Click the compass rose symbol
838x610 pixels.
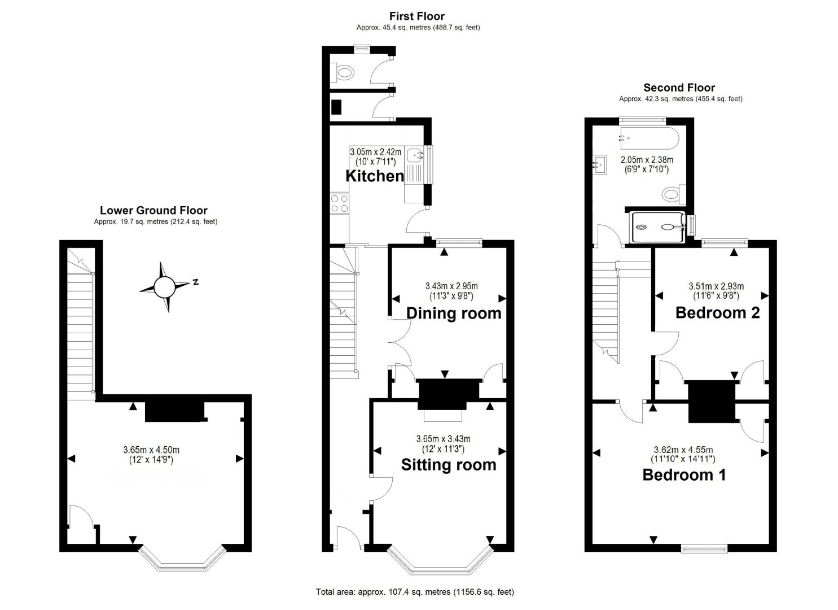[x=165, y=287]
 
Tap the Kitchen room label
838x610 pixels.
[x=375, y=176]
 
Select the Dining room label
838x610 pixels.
[x=454, y=313]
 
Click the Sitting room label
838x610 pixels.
[x=449, y=465]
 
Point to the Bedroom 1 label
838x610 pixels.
[x=685, y=475]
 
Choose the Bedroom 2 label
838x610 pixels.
[x=718, y=313]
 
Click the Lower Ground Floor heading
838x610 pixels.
[x=153, y=210]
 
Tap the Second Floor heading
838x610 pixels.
[x=679, y=88]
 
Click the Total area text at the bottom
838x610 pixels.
[x=415, y=592]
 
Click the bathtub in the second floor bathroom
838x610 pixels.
[x=650, y=138]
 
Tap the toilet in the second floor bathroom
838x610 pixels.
[x=674, y=194]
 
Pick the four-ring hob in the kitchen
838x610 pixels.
[x=339, y=203]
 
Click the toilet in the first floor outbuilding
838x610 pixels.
[x=343, y=73]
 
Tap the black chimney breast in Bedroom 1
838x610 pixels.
[x=712, y=402]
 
